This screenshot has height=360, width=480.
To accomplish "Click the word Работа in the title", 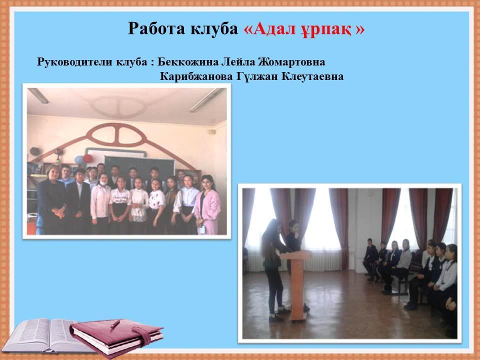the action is [x=156, y=28].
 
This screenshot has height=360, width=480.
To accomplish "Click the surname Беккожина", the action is [x=188, y=62].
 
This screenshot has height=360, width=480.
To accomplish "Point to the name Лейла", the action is [x=238, y=62].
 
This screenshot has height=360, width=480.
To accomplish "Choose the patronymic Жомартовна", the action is [x=291, y=62].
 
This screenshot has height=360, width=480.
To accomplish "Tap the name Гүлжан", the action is [x=257, y=76].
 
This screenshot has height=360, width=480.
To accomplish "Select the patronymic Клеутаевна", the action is [x=312, y=76].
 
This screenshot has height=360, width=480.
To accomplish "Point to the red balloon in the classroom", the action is [x=88, y=158].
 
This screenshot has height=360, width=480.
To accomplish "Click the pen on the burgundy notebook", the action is [x=115, y=324].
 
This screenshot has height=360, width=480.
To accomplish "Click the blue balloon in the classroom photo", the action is [x=79, y=160].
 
